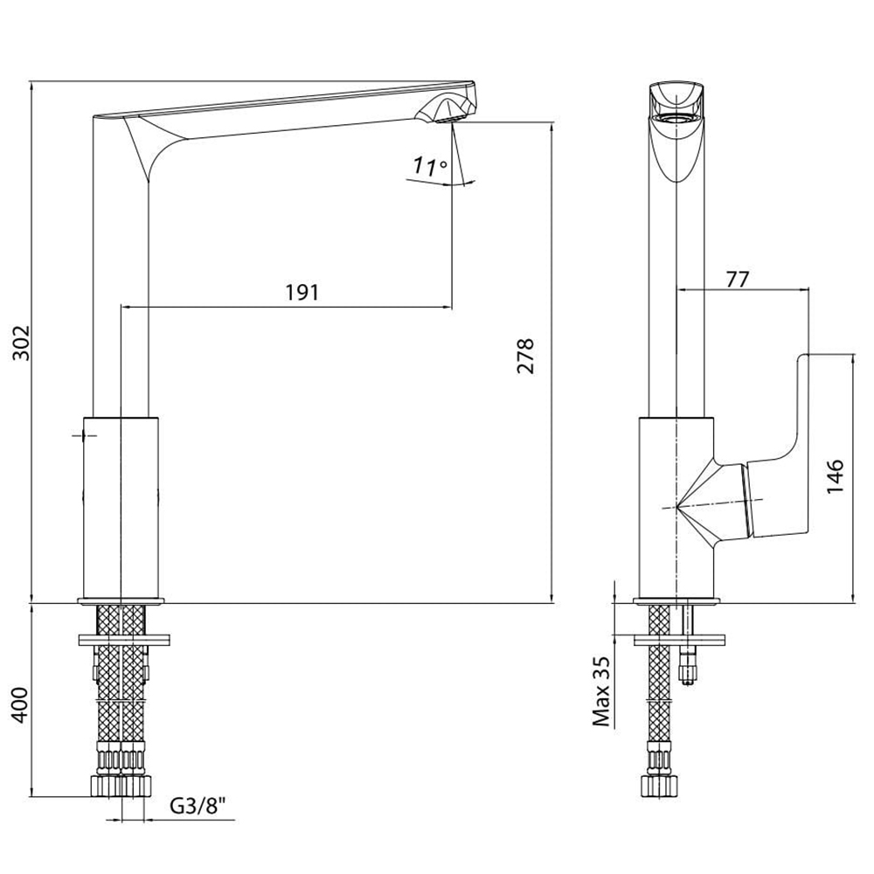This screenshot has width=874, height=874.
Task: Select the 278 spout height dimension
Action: point(525,355)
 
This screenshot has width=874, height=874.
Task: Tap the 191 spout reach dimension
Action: point(302,292)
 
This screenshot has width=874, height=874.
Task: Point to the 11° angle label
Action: point(430,165)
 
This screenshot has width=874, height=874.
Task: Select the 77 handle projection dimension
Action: point(738,278)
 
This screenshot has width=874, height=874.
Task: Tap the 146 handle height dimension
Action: point(835,475)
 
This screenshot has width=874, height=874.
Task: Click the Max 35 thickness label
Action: point(601,690)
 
